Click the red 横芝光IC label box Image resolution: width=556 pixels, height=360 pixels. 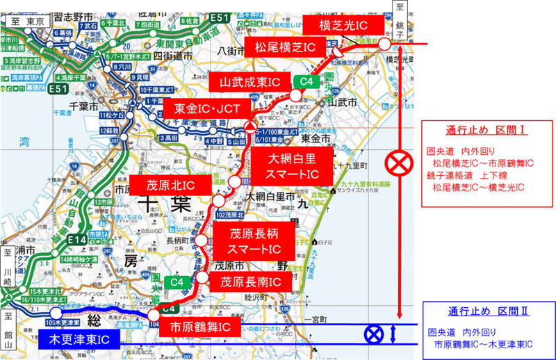click(343, 26)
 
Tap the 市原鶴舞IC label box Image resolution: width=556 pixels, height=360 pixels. click(202, 327)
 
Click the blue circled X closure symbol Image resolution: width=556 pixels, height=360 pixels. click(375, 335)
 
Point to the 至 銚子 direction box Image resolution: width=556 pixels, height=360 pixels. click(400, 15)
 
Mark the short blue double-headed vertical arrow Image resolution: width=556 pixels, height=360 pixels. click(394, 334)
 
